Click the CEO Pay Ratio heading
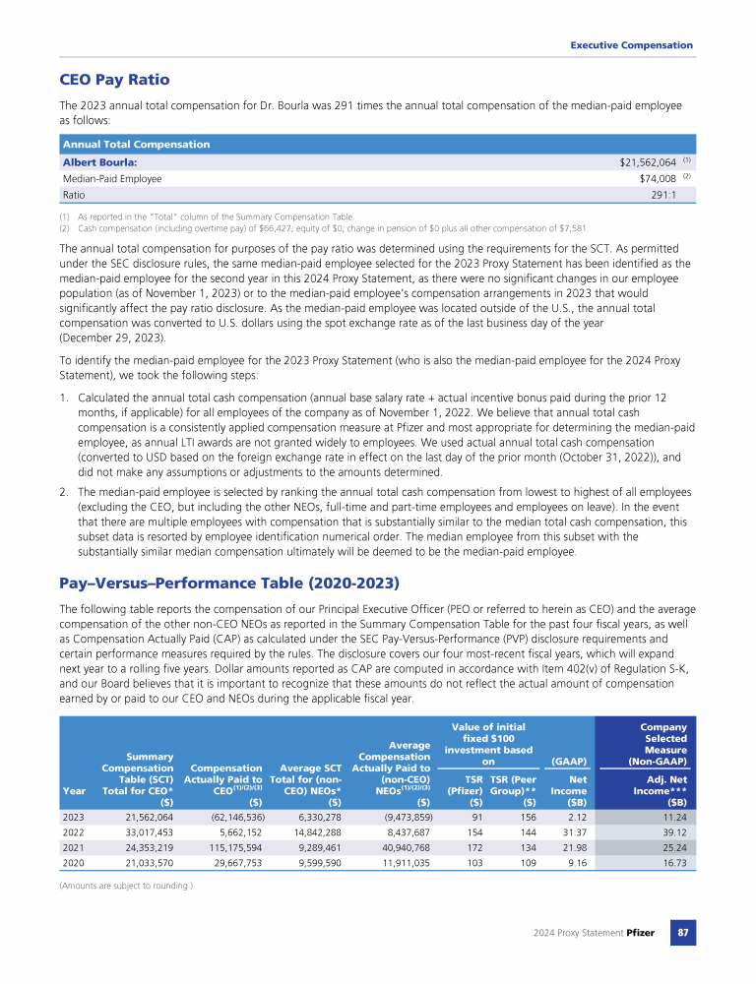pos(114,80)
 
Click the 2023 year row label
pos(73,818)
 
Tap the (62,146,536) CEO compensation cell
pos(231,818)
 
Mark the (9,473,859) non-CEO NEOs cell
pos(398,818)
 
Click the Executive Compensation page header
pos(631,45)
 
